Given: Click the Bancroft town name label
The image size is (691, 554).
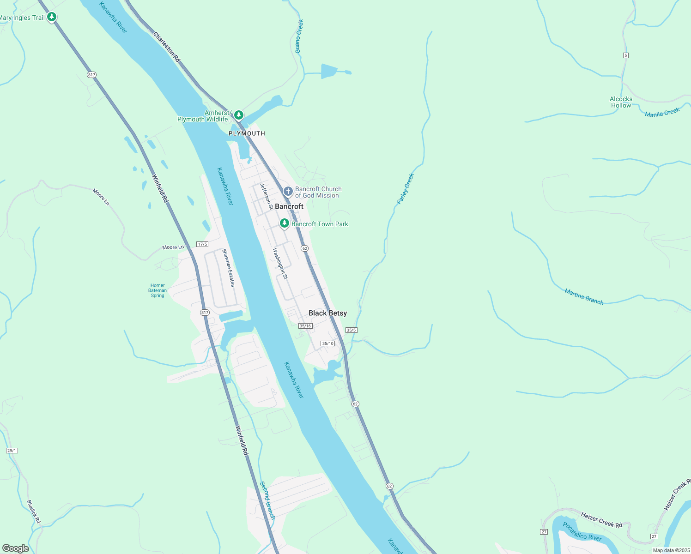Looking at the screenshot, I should click(x=289, y=206).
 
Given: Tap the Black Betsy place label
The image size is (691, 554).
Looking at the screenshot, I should click(x=327, y=313).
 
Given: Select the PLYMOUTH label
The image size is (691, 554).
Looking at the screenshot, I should click(x=247, y=133).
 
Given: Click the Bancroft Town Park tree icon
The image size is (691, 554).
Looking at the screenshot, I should click(x=285, y=224).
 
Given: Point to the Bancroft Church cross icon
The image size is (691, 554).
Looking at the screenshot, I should click(x=288, y=191).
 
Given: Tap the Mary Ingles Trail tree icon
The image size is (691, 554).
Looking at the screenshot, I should click(x=52, y=18).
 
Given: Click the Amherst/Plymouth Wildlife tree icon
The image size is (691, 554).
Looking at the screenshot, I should click(x=238, y=114).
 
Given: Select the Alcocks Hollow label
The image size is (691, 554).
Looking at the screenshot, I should click(x=621, y=102).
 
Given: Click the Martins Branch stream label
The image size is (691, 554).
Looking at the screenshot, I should click(x=584, y=296).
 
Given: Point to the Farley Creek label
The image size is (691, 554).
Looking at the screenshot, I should click(x=406, y=189).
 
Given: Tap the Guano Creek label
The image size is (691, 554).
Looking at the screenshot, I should click(x=299, y=36).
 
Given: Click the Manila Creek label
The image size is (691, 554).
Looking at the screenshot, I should click(x=662, y=112).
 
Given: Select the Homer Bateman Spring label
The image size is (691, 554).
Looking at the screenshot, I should click(x=158, y=290).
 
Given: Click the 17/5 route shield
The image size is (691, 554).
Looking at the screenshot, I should click(x=202, y=244).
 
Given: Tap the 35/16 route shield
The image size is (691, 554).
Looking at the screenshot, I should click(x=305, y=326).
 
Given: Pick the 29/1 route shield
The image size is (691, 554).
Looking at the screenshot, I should click(x=12, y=451).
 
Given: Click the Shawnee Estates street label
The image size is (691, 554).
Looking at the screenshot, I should click(x=228, y=268).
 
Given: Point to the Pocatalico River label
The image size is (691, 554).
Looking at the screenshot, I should click(x=582, y=531).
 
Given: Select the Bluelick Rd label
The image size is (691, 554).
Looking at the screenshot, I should click(x=34, y=512).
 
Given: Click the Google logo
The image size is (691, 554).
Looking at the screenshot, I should click(x=16, y=548).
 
